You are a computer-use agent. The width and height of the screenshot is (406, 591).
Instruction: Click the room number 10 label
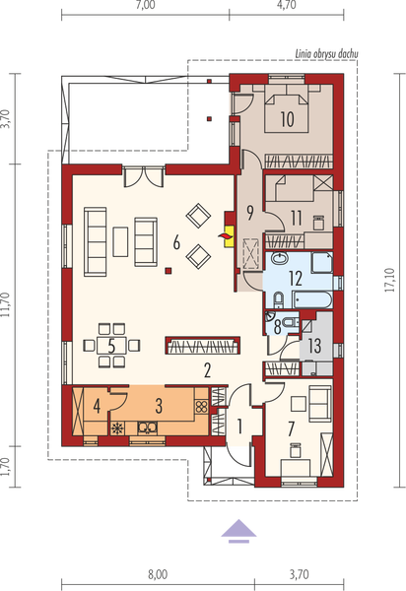click(x=287, y=119)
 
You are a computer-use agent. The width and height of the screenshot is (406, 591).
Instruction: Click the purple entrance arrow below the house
click(x=238, y=531)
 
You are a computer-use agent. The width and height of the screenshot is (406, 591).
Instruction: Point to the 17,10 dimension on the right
click(x=390, y=280)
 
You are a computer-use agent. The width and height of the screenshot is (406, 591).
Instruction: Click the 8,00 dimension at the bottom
click(x=158, y=574)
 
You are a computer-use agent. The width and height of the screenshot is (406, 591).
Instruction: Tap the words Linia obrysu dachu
click(x=326, y=54)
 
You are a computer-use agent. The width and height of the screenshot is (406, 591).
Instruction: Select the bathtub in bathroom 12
click(x=312, y=300)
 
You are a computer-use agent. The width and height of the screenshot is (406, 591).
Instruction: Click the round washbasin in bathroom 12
click(x=279, y=258)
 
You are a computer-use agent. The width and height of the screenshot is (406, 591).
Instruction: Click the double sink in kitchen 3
click(x=148, y=427)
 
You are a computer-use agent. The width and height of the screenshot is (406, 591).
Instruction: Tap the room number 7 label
click(x=291, y=428)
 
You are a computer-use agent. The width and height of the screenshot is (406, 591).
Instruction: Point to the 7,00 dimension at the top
click(x=146, y=5)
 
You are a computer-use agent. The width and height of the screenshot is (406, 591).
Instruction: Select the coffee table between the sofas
click(x=120, y=241)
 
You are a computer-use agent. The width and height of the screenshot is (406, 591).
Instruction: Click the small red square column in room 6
click(x=169, y=270)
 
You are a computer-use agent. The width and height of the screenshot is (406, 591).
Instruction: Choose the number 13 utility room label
click(x=314, y=346)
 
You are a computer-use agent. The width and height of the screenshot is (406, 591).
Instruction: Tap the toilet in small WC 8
click(x=292, y=322)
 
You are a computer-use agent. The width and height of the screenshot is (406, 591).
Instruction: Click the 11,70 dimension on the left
click(x=5, y=305)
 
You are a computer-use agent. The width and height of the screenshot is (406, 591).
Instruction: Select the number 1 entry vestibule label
click(x=239, y=426)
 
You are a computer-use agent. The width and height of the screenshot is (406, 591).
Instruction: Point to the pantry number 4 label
click(x=97, y=407)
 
